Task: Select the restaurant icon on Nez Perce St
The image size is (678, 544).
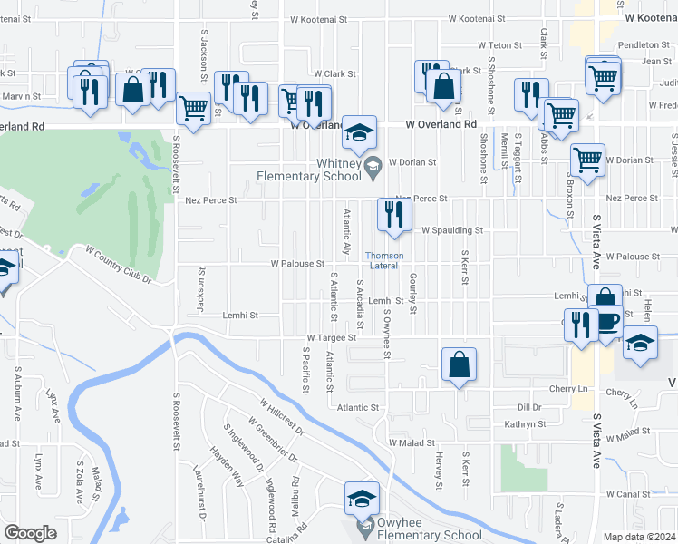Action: [392, 214]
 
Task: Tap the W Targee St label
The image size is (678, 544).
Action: [331, 337]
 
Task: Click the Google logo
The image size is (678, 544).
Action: [30, 532]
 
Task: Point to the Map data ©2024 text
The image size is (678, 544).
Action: [639, 537]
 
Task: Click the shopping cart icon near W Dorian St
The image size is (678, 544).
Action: [587, 160]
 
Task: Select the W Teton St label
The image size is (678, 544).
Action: [495, 45]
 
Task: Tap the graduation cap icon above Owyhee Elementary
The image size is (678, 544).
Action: [361, 498]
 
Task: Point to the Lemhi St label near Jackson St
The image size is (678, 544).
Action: [240, 316]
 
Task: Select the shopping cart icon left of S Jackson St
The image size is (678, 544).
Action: [193, 107]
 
